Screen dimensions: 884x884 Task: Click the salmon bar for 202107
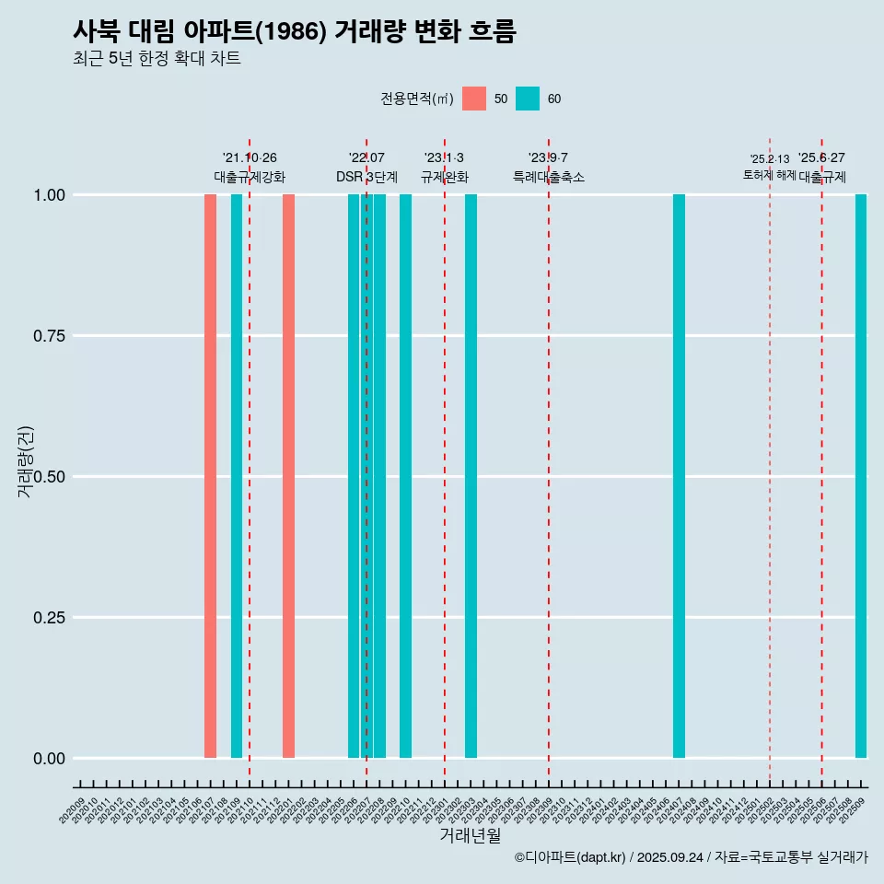(210, 476)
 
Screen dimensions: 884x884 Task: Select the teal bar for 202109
(237, 476)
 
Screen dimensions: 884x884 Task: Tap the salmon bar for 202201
(288, 476)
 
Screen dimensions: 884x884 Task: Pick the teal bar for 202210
(405, 476)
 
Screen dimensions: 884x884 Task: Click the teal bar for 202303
(471, 476)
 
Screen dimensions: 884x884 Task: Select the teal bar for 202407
(679, 476)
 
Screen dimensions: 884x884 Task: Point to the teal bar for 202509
(861, 476)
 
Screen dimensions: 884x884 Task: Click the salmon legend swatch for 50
(474, 99)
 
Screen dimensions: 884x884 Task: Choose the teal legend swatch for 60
(528, 99)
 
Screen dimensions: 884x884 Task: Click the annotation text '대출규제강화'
(250, 177)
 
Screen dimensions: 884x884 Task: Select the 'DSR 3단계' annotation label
(366, 177)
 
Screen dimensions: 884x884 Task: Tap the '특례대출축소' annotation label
(549, 177)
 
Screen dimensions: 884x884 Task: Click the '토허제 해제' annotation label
(769, 175)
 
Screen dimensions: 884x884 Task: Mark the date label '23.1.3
(444, 158)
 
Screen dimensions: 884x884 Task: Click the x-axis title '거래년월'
(470, 835)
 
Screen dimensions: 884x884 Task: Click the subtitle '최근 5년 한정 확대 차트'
(157, 59)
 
